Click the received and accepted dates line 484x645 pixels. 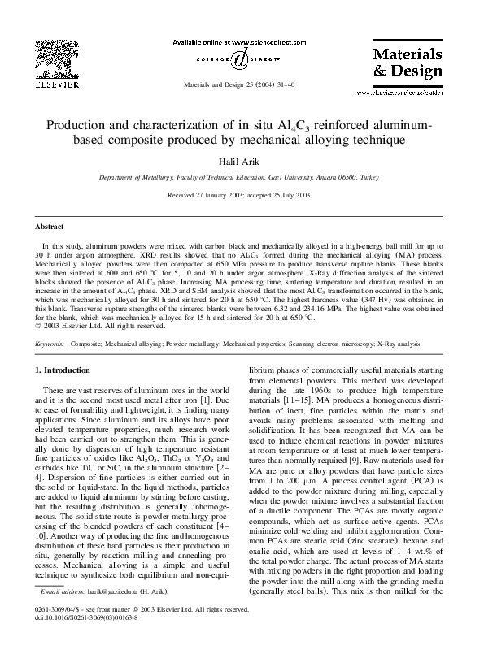coord(242,196)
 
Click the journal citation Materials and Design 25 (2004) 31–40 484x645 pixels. coord(241,84)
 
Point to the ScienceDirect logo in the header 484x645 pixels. coord(241,59)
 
